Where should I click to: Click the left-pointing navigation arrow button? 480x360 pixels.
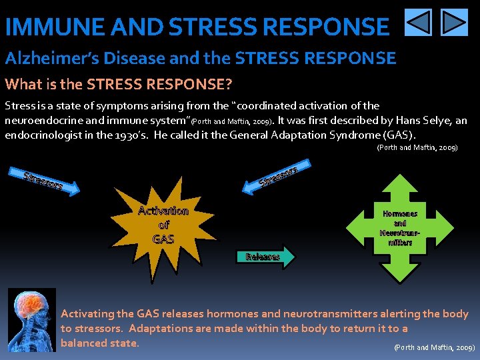point(419,22)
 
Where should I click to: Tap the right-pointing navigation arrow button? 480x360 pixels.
point(455,22)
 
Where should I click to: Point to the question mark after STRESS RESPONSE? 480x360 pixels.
point(228,85)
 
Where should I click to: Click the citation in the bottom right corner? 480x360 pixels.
point(434,347)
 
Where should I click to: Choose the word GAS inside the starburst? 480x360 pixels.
point(163,238)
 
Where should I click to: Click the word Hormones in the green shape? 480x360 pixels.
point(400,214)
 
